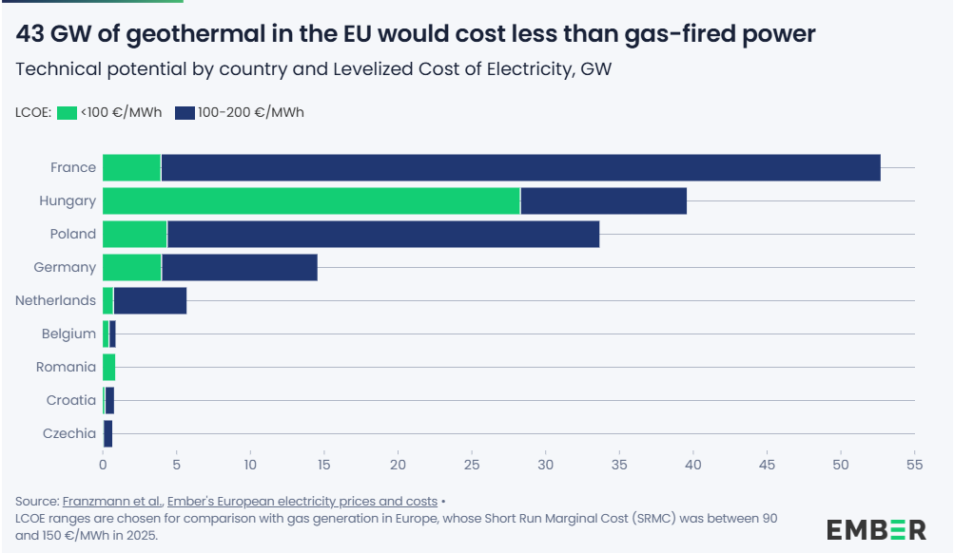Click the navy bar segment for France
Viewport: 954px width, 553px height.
tap(520, 167)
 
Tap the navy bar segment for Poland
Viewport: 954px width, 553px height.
tap(382, 234)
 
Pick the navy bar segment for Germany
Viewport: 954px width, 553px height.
tap(239, 267)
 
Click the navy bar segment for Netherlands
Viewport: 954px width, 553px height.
tap(149, 300)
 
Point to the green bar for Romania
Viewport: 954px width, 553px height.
tap(108, 367)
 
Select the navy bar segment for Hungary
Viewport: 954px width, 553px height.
tap(603, 200)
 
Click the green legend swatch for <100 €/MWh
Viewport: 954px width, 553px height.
tap(67, 113)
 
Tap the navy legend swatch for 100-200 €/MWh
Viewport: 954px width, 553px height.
tap(185, 113)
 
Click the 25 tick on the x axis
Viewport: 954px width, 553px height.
tap(472, 466)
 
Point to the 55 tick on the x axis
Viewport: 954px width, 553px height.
tap(914, 466)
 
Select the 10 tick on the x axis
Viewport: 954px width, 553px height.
tap(250, 466)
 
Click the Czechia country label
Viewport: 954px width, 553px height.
tap(69, 433)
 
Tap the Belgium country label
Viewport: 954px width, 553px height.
tap(68, 334)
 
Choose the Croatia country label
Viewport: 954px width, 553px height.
tap(71, 400)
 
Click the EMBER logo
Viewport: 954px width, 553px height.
tap(876, 529)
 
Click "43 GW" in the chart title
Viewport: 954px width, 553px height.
tap(47, 35)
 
